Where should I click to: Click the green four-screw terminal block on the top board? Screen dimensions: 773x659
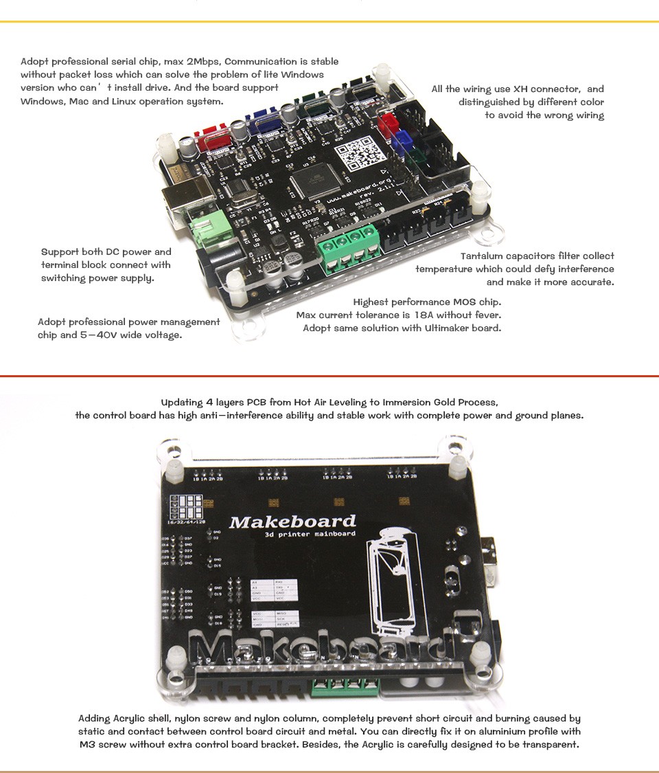(x=348, y=245)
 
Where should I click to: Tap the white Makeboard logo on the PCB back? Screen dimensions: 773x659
(x=292, y=522)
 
